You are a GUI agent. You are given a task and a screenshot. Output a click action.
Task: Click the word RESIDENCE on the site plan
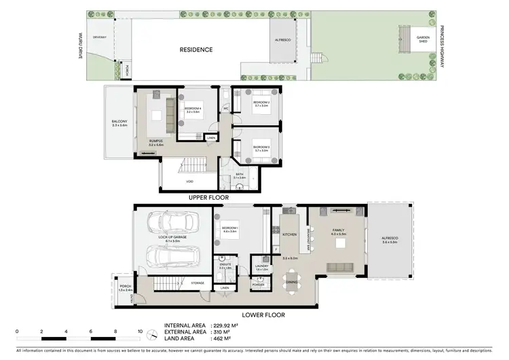[x=196, y=50]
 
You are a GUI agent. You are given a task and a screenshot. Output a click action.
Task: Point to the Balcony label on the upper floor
[x=119, y=124]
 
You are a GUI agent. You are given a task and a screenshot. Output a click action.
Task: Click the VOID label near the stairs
[x=191, y=182]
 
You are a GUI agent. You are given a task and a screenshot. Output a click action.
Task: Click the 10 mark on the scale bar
[x=140, y=331]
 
